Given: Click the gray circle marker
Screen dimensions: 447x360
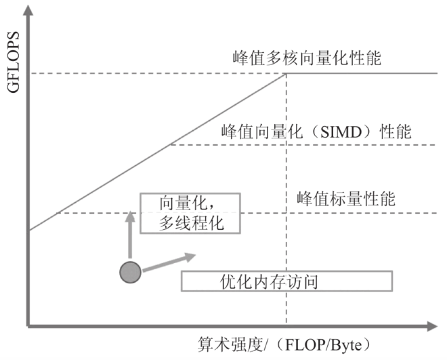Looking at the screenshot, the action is click(130, 272).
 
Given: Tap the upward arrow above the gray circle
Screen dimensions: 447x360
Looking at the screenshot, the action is click(130, 235).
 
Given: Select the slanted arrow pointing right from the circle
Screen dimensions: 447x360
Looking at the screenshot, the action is click(169, 262).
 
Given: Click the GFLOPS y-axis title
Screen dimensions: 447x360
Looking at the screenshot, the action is click(13, 62).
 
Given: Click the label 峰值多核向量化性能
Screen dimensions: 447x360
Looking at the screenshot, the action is click(307, 58).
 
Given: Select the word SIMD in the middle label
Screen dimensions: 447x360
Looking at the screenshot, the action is click(341, 132).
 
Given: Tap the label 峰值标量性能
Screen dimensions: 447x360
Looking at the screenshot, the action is click(346, 199).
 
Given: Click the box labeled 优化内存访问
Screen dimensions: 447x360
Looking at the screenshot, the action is click(286, 281).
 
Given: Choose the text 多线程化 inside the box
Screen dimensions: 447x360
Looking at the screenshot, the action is click(191, 223).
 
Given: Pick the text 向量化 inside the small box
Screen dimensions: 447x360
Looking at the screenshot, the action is click(184, 203).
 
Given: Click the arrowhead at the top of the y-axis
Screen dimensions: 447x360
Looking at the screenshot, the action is click(28, 10).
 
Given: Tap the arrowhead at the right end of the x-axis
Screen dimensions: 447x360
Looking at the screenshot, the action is click(432, 326).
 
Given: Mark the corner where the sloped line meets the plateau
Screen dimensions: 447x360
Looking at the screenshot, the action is click(286, 74).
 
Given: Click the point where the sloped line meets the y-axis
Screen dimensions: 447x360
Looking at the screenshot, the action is click(29, 230).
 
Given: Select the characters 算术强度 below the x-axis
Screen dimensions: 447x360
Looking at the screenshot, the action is click(230, 344).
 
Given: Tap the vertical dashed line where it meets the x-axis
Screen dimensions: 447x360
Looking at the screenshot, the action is click(286, 325).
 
